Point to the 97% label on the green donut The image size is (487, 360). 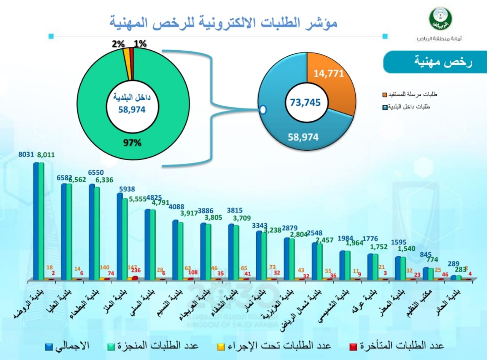pos(132,143)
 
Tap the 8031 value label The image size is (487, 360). pos(26,155)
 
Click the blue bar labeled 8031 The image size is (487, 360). pos(36,221)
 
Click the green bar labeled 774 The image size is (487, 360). pos(431,274)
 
